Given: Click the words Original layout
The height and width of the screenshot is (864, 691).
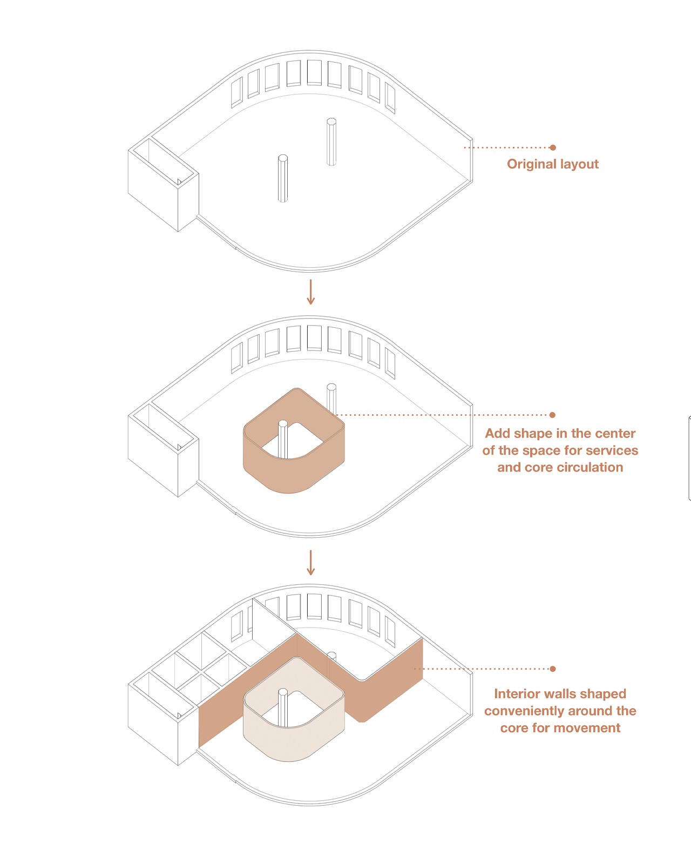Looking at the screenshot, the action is [x=552, y=164].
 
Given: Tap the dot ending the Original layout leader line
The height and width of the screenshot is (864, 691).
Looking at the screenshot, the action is [x=553, y=147].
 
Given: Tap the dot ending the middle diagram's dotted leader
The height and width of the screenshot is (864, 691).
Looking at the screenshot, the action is [x=552, y=415].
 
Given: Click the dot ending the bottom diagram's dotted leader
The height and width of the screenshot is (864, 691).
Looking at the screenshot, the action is [x=553, y=669].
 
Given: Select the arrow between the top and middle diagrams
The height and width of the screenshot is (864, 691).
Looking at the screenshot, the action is [x=310, y=292].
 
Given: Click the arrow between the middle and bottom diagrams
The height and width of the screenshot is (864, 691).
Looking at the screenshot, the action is [x=310, y=563].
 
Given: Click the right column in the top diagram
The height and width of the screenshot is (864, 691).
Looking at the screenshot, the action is [x=331, y=141].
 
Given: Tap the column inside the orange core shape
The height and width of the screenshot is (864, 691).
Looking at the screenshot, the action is [x=283, y=439].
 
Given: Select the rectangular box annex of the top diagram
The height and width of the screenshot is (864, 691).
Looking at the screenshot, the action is [x=164, y=185].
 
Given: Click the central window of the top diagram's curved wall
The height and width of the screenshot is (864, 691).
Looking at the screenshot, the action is [x=314, y=73].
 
